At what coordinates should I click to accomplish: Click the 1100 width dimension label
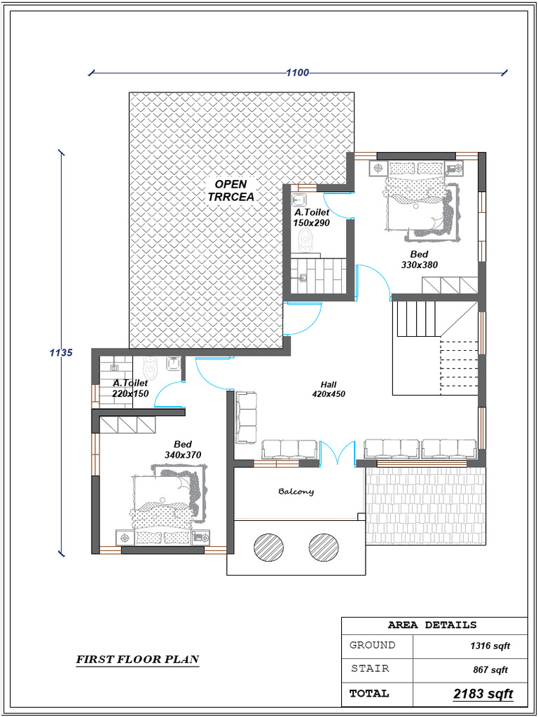pyautogui.click(x=297, y=72)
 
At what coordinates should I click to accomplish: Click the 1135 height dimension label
pyautogui.click(x=61, y=353)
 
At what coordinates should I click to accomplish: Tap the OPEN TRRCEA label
pyautogui.click(x=230, y=190)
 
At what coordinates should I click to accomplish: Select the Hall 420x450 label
pyautogui.click(x=329, y=389)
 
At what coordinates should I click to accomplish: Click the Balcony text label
pyautogui.click(x=296, y=492)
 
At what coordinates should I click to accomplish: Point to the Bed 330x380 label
pyautogui.click(x=420, y=260)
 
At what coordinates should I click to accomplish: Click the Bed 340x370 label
pyautogui.click(x=183, y=450)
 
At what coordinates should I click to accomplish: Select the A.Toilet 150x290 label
pyautogui.click(x=311, y=217)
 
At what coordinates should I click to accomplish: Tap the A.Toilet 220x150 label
pyautogui.click(x=130, y=389)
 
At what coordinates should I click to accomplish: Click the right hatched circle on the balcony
pyautogui.click(x=322, y=546)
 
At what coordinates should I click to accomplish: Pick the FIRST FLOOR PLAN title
pyautogui.click(x=137, y=659)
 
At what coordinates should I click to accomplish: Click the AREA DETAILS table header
pyautogui.click(x=432, y=625)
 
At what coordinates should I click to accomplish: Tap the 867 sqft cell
pyautogui.click(x=490, y=670)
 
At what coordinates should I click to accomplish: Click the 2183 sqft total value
pyautogui.click(x=483, y=694)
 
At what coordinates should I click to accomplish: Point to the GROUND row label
pyautogui.click(x=372, y=645)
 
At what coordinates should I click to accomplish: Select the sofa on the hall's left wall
pyautogui.click(x=247, y=417)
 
